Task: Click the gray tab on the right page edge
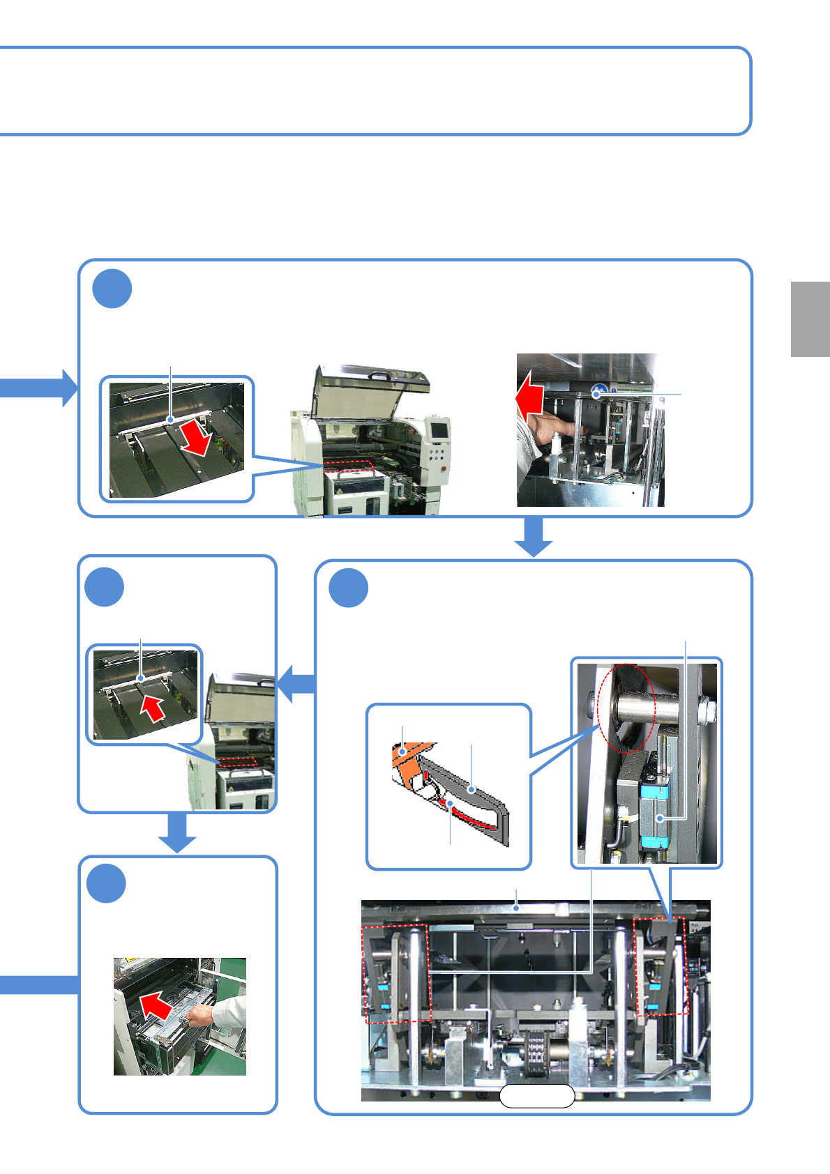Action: (810, 319)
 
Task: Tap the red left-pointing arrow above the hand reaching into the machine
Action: (529, 397)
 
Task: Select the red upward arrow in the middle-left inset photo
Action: (152, 708)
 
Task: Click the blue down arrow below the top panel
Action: (534, 537)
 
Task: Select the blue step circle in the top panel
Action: (112, 289)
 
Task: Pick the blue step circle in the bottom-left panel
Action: (106, 883)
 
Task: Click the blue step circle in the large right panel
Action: (349, 588)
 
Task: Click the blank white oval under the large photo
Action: (536, 1096)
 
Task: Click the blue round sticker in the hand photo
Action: (597, 392)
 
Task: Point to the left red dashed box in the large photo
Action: (395, 974)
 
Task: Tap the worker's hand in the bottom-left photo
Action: (199, 1017)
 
